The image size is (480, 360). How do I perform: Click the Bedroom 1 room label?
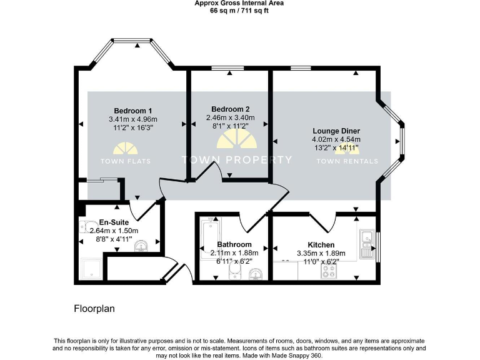[x=132, y=111]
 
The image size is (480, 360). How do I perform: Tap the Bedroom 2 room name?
[x=230, y=109]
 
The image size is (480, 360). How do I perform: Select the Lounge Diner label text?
[x=336, y=131]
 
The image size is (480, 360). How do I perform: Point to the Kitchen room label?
[x=321, y=244]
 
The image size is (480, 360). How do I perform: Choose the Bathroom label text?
[x=234, y=244]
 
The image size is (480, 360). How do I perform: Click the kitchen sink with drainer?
[x=367, y=244]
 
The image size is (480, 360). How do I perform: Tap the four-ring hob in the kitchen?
[x=329, y=271]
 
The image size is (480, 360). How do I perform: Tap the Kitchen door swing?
[x=324, y=221]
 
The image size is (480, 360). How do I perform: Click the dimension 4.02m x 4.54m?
[x=336, y=139]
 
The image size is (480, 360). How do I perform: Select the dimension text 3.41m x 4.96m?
[x=132, y=119]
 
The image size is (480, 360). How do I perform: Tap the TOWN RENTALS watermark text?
[x=347, y=161]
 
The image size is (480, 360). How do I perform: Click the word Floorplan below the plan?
[x=94, y=309]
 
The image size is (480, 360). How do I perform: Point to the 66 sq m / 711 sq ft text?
[x=239, y=10]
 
